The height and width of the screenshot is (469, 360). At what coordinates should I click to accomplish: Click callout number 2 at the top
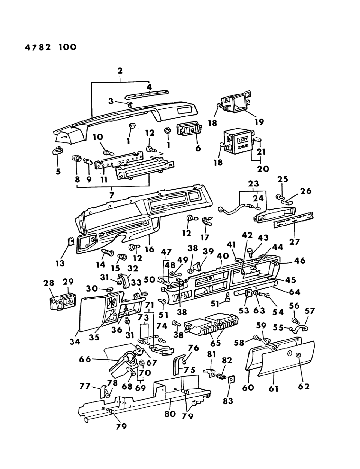click(120, 71)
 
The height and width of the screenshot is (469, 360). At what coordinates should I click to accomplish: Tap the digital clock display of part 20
click(241, 140)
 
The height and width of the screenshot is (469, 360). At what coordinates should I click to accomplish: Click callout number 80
click(170, 413)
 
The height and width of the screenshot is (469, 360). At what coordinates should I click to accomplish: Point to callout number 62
click(303, 386)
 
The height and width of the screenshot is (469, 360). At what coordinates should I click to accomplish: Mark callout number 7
click(112, 195)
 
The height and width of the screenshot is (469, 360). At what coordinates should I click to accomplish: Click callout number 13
click(60, 263)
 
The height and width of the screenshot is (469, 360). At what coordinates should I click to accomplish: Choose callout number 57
click(310, 311)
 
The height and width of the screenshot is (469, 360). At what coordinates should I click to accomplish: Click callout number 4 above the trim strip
click(149, 87)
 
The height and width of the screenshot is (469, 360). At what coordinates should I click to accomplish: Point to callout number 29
click(68, 282)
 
